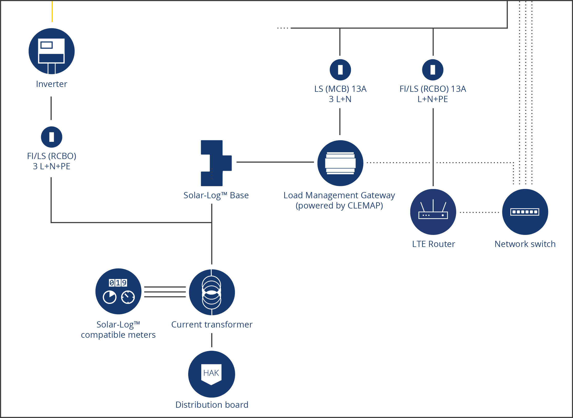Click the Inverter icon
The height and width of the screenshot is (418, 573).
pos(52,51)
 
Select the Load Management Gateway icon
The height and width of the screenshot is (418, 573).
pos(340,163)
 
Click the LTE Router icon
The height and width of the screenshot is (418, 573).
pos(433,212)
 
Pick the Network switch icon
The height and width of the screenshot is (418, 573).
pos(525,212)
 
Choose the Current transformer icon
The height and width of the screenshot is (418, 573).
pos(212,292)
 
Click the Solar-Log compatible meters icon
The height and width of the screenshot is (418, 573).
pos(118,291)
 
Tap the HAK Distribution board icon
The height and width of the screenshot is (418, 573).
pos(212,374)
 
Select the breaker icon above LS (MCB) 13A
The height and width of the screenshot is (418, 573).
pos(340,69)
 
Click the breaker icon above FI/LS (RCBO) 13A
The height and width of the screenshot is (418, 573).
pos(433,69)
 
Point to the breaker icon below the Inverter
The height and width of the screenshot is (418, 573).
pos(52,137)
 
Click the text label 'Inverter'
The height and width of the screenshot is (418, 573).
pos(52,84)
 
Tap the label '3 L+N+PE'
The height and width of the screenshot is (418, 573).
pos(52,166)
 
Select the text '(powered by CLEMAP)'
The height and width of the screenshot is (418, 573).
pos(339,206)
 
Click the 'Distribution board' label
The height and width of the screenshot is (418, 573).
pos(212,405)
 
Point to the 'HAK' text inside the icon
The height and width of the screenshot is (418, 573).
pos(211,373)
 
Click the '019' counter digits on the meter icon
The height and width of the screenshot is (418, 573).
pos(118,283)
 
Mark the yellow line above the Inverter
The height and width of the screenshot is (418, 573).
pos(52,12)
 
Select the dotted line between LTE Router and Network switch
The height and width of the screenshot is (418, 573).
pos(479,212)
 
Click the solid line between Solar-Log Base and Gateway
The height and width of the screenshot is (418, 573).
pos(275,162)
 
